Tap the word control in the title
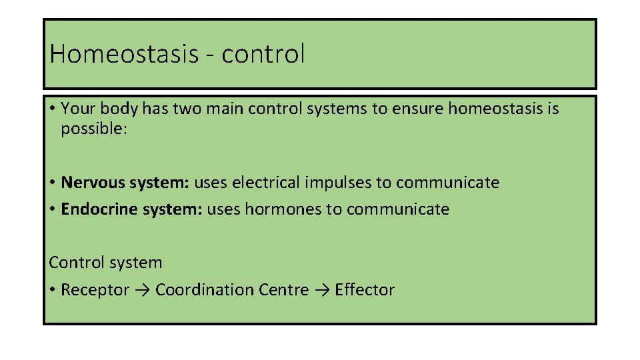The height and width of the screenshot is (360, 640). point(263,54)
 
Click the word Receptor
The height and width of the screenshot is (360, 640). point(95,290)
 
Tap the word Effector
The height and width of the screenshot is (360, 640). point(365,290)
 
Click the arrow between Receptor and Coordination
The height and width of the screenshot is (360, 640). point(142,291)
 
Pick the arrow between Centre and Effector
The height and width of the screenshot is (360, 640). point(321,291)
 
